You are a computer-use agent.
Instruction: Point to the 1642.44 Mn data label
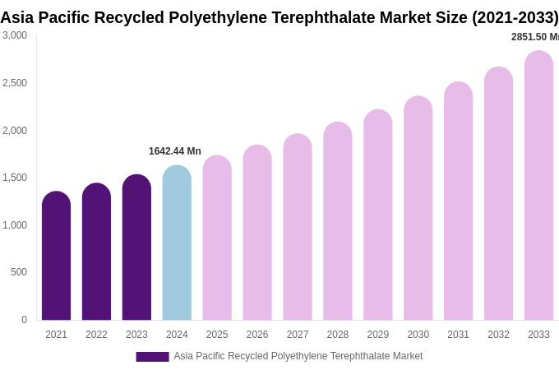175,151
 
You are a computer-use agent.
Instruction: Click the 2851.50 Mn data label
534,37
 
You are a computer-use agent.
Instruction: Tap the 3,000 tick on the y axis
15,35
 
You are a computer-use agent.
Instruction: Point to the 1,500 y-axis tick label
15,178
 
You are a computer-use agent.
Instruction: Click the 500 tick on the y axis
19,272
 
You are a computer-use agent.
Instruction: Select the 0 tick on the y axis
24,320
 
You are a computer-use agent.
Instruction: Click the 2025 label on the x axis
217,335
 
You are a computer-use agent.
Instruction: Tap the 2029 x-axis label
378,335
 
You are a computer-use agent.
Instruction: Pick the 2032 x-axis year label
498,335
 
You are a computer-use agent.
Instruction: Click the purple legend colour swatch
152,357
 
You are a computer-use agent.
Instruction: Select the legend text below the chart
298,356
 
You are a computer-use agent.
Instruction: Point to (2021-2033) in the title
515,17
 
